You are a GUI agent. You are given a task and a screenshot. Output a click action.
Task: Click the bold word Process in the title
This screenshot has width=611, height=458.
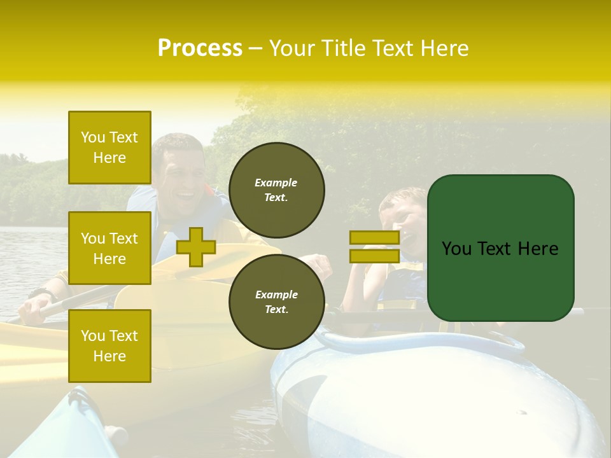(200, 48)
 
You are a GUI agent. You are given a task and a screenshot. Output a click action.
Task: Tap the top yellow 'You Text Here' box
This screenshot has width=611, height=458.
(109, 148)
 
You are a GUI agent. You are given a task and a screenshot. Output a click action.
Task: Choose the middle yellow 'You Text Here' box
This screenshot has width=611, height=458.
(109, 248)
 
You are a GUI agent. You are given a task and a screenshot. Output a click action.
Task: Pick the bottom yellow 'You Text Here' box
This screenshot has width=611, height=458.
(109, 345)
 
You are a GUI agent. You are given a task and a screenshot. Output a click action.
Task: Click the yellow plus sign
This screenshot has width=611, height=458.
(195, 247)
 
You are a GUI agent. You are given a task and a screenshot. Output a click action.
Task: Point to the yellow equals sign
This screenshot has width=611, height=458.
(374, 247)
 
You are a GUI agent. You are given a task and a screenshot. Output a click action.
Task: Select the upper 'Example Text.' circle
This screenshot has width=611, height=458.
(276, 190)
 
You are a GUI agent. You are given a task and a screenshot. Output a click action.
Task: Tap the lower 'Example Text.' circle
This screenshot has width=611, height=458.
(276, 302)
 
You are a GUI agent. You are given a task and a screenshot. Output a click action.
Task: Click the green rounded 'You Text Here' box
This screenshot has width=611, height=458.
(500, 248)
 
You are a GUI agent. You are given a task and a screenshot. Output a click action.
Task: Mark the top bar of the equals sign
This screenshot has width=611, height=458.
(374, 237)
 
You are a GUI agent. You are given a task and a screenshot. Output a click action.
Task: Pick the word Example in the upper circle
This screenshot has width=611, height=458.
(276, 183)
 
